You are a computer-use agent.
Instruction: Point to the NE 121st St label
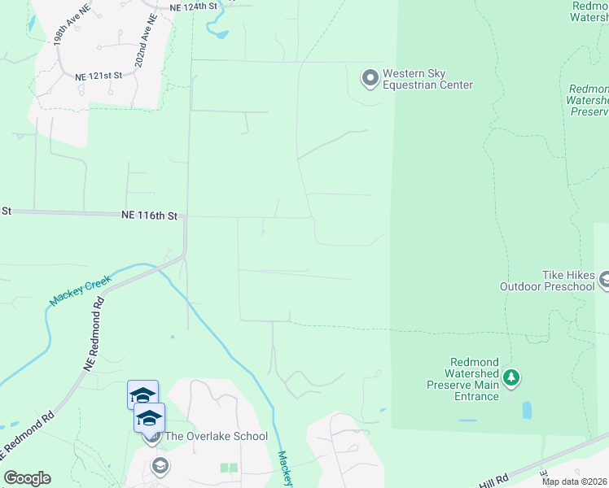pos(98,75)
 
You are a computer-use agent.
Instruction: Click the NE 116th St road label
pos(149,216)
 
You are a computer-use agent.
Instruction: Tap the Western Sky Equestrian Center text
pos(427,79)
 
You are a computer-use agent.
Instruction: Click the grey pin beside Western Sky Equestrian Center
pos(370,78)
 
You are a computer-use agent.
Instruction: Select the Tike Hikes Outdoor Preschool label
pos(547,281)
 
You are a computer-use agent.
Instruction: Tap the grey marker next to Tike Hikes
pos(604,281)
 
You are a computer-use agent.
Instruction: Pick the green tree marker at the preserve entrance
pos(510,377)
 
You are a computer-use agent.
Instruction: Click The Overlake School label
pos(216,436)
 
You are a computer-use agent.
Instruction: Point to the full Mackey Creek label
pos(80,289)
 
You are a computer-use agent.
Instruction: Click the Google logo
pos(27,478)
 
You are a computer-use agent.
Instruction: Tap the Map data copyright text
pos(575,481)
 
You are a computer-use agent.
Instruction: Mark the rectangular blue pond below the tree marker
pos(526,409)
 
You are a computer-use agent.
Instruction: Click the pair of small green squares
pos(229,468)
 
